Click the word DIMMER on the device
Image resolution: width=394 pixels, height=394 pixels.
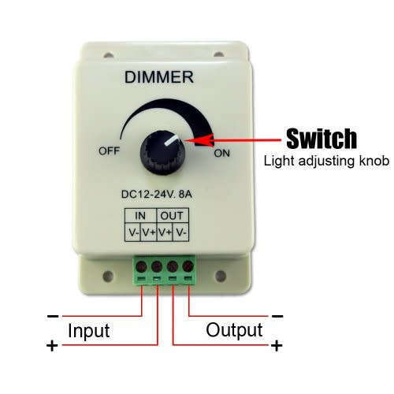tap(159, 77)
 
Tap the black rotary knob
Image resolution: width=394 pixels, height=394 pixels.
tap(162, 153)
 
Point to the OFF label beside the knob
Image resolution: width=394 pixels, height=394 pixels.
tap(109, 151)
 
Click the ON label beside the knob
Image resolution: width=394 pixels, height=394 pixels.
tap(222, 153)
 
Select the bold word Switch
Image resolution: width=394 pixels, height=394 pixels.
tap(322, 139)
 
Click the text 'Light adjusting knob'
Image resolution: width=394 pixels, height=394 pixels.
tap(326, 161)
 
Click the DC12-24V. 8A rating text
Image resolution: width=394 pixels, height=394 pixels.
tap(157, 195)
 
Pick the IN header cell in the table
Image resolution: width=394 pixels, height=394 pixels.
tap(140, 216)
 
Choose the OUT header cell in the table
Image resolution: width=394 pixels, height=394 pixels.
tap(172, 216)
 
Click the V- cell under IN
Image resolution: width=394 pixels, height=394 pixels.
tap(133, 232)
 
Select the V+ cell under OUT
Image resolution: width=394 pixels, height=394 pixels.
tap(165, 232)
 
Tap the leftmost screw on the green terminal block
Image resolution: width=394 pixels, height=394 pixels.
tap(141, 267)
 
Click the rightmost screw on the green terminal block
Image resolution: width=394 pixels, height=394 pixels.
tap(188, 266)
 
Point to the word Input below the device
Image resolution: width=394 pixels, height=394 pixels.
tap(89, 331)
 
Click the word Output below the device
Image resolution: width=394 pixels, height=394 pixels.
tap(234, 330)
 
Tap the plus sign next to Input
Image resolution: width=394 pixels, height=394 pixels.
tap(52, 345)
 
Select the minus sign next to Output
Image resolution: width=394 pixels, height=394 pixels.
tap(277, 316)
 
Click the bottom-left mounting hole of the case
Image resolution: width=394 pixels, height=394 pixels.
tap(108, 276)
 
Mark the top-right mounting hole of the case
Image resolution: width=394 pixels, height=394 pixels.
tap(218, 54)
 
